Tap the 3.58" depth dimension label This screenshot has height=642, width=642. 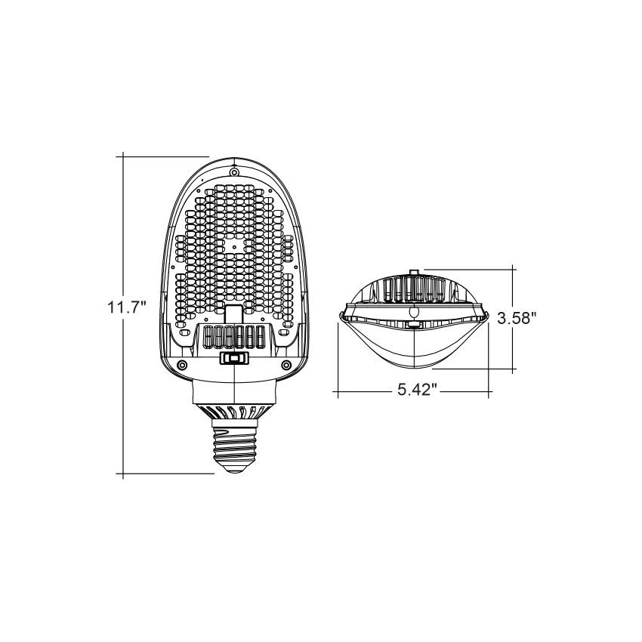[x=517, y=319]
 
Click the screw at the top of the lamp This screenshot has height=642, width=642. [x=235, y=172]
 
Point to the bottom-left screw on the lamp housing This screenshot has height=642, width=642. [x=181, y=366]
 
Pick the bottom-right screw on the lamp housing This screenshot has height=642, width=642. [x=286, y=366]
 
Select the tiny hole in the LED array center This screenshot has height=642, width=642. [x=235, y=245]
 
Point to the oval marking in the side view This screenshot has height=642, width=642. [x=413, y=311]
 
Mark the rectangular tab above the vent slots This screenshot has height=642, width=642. [x=234, y=315]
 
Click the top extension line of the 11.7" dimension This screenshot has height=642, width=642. [x=162, y=156]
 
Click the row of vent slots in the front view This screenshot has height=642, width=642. [x=234, y=337]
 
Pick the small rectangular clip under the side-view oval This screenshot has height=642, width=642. [x=413, y=325]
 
